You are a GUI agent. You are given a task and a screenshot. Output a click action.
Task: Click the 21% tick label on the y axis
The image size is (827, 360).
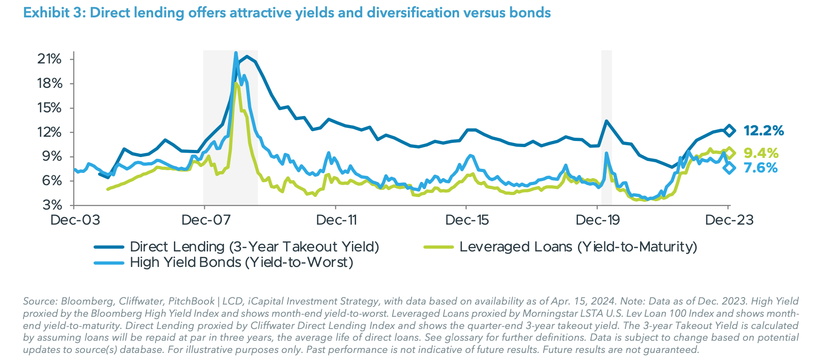50,59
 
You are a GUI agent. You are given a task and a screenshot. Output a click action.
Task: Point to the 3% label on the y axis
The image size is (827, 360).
53,205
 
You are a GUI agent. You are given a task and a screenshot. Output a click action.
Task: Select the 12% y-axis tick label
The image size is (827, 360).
50,132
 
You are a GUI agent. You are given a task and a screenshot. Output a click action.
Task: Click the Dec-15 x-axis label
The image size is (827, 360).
467,220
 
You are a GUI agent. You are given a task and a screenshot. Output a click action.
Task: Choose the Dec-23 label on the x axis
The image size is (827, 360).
729,220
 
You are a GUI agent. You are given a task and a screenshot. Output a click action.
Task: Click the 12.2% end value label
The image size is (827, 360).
764,131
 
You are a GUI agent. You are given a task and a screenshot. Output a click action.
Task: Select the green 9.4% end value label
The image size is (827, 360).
761,153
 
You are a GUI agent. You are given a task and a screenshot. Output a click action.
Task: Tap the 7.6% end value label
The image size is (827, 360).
761,168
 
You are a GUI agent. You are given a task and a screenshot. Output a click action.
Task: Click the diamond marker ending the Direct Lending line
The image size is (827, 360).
729,130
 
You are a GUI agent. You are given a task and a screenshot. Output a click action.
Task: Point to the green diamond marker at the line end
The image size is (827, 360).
729,153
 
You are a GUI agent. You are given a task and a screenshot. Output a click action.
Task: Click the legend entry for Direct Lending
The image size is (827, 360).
254,247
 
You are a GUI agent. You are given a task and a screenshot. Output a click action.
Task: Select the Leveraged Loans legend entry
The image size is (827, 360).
578,247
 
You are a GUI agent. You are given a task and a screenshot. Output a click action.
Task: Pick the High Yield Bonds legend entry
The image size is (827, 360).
241,262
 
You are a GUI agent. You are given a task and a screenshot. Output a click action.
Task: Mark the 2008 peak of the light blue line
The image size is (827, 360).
236,53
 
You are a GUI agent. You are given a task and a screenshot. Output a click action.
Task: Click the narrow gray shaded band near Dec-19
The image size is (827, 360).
607,127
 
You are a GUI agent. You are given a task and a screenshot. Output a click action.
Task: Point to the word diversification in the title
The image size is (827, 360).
413,13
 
